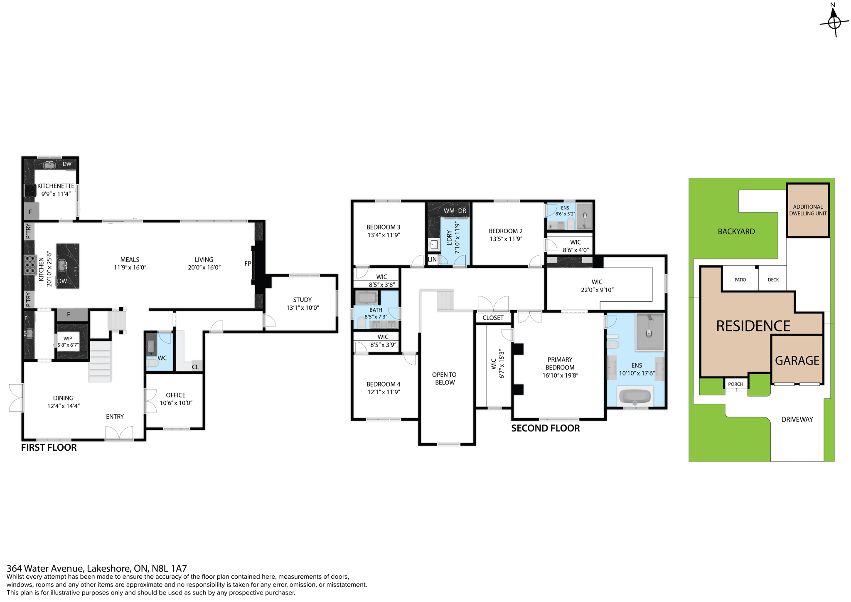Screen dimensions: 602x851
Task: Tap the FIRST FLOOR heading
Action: coord(49,448)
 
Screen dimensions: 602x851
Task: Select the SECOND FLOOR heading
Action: coord(545,428)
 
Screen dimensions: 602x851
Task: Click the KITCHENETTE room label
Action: coord(56,186)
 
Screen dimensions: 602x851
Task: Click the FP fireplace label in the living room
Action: coord(248,264)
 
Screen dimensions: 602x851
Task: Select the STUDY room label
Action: coord(302,300)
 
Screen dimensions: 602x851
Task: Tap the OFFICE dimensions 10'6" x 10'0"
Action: coord(176,403)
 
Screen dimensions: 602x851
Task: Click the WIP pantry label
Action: coord(68,338)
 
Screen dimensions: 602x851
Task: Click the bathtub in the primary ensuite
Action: coord(635,396)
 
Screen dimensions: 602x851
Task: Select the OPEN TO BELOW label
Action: coord(445,378)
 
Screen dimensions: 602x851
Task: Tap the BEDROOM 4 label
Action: coord(383,384)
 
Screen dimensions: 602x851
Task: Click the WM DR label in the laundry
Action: coord(455,211)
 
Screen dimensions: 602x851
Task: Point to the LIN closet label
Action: coord(432,259)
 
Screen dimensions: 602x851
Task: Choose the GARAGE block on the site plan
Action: coord(797,360)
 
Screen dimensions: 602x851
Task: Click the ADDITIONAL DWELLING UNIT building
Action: coord(808,210)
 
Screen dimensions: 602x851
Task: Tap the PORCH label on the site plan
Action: coord(735,384)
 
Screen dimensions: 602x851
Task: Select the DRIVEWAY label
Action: coord(797,419)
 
